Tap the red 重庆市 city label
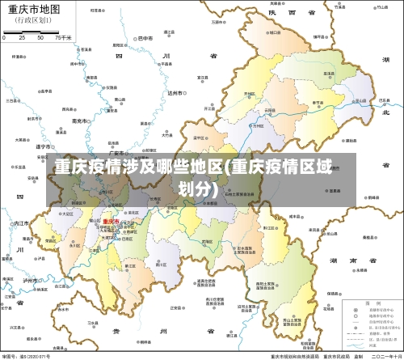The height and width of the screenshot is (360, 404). (110, 221)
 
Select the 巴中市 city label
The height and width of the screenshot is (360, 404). (145, 38)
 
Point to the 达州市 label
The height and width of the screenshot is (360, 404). (175, 93)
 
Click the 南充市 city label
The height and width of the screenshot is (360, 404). (78, 120)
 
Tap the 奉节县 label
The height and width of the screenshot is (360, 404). (318, 103)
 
